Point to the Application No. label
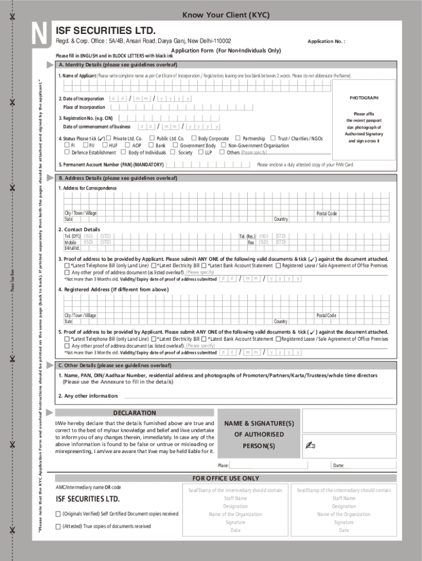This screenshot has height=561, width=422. [326, 42]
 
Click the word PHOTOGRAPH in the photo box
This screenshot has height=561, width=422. [364, 98]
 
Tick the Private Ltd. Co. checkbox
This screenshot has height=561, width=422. [109, 139]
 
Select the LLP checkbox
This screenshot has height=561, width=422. [201, 153]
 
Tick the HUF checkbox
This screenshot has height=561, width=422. [104, 146]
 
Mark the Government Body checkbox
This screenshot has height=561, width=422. [175, 146]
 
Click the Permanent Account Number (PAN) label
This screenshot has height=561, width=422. [111, 164]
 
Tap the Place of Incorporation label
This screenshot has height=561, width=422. [84, 107]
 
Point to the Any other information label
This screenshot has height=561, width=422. [88, 396]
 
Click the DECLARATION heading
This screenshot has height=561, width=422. [134, 413]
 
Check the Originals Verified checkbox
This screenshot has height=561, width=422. [58, 514]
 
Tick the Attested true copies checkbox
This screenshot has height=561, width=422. [58, 526]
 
